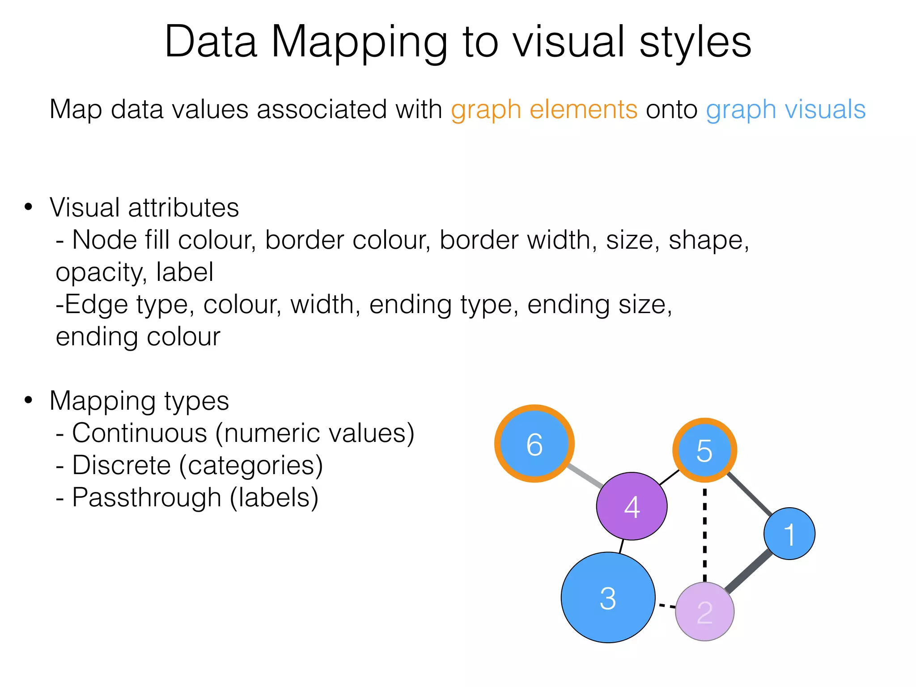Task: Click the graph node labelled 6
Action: (534, 444)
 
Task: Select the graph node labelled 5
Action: (704, 450)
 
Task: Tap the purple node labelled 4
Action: (632, 506)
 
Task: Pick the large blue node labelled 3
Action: (608, 598)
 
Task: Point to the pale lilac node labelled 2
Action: (704, 611)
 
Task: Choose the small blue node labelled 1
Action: (789, 533)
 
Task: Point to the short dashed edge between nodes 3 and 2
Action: (666, 606)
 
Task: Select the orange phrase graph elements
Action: (544, 110)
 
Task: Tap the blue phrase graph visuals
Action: (785, 110)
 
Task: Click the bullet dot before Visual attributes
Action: (29, 207)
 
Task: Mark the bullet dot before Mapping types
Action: (29, 400)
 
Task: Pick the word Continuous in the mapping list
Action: (140, 433)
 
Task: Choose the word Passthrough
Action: (147, 497)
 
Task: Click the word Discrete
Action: (121, 465)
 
